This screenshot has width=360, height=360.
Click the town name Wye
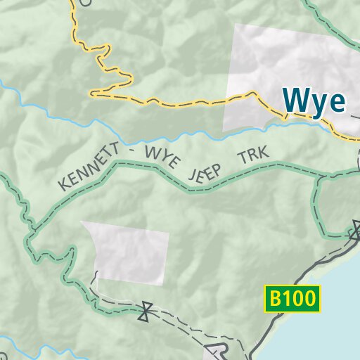[x=314, y=101]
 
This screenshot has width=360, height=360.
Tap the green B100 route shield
[x=292, y=299]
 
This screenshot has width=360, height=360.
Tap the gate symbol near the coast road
[x=356, y=230]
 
